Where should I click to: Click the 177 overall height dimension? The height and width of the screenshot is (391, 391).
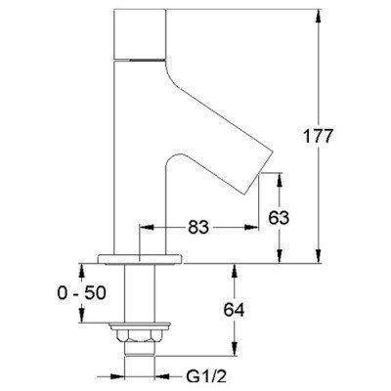(318, 136)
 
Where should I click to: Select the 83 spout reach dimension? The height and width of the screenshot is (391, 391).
(198, 227)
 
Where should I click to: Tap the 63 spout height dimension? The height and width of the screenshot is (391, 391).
(279, 217)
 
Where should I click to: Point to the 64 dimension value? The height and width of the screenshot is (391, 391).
(234, 309)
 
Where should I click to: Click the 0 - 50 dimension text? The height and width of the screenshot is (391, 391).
(82, 293)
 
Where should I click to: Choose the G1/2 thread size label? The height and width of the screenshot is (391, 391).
(206, 377)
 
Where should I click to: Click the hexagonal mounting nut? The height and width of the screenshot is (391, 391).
(140, 336)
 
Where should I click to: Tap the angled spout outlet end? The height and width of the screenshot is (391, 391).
(258, 173)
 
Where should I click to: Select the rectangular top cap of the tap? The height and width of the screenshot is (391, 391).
(140, 34)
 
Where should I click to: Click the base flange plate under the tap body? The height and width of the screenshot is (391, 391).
(140, 259)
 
